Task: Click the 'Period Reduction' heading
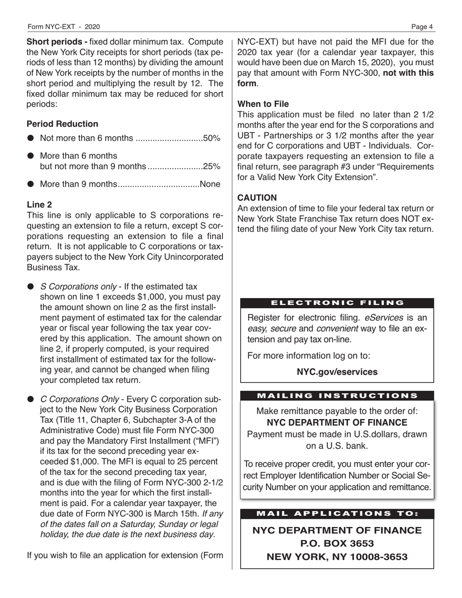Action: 62,124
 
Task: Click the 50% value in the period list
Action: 212,139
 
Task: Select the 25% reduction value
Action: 212,166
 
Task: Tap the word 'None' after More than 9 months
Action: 210,184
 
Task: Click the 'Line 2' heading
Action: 39,204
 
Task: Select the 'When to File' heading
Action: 263,104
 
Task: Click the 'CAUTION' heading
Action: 257,198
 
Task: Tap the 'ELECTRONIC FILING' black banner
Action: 337,303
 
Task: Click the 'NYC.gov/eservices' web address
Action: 337,372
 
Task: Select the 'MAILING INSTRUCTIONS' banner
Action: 337,396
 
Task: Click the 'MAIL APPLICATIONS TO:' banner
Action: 337,513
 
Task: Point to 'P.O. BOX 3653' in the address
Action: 337,543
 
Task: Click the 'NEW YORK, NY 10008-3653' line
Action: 337,557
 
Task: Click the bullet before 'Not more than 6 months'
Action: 31,139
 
